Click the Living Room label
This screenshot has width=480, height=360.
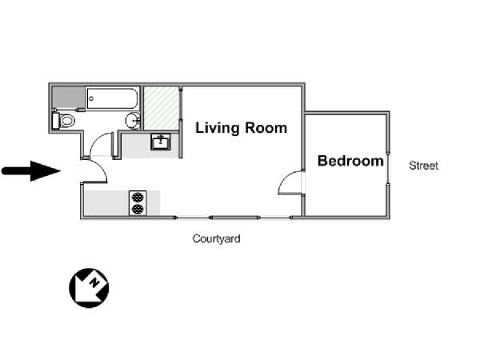(242, 128)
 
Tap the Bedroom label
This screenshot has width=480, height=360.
(350, 161)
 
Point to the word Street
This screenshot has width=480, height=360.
(424, 166)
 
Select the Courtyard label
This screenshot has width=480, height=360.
(216, 238)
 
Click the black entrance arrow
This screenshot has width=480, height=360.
(31, 171)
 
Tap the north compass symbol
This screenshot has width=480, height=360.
(89, 288)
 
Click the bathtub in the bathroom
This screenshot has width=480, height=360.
(112, 98)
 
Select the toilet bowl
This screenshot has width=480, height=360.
(67, 121)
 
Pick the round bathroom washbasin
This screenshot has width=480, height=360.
(133, 121)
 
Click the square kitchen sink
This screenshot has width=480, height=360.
(161, 142)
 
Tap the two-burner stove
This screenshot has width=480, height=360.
(138, 203)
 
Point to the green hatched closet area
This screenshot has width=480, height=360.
(162, 108)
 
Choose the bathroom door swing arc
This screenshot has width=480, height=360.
(98, 142)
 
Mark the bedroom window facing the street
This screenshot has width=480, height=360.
(388, 168)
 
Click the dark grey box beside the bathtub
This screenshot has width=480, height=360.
(68, 98)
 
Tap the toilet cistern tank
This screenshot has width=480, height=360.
(56, 121)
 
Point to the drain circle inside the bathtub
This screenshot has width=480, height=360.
(91, 98)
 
